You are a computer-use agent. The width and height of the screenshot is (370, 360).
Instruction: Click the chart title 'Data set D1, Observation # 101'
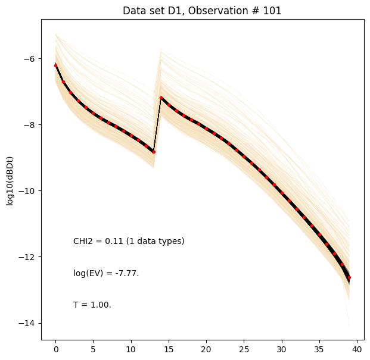202,11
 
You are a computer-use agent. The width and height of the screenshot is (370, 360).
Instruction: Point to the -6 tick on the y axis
31,59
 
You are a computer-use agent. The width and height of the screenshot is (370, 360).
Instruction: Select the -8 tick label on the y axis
31,125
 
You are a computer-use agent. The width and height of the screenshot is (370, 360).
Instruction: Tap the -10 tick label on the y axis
29,191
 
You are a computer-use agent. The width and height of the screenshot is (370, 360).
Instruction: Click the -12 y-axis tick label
29,257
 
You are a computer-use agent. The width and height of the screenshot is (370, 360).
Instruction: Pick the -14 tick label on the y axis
29,323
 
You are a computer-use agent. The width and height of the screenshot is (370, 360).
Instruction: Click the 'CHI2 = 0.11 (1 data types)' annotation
129,241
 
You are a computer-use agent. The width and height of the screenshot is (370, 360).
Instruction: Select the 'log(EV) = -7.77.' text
106,273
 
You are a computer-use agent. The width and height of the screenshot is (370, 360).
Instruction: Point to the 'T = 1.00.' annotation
92,305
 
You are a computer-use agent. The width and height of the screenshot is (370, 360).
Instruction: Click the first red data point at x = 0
55,65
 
